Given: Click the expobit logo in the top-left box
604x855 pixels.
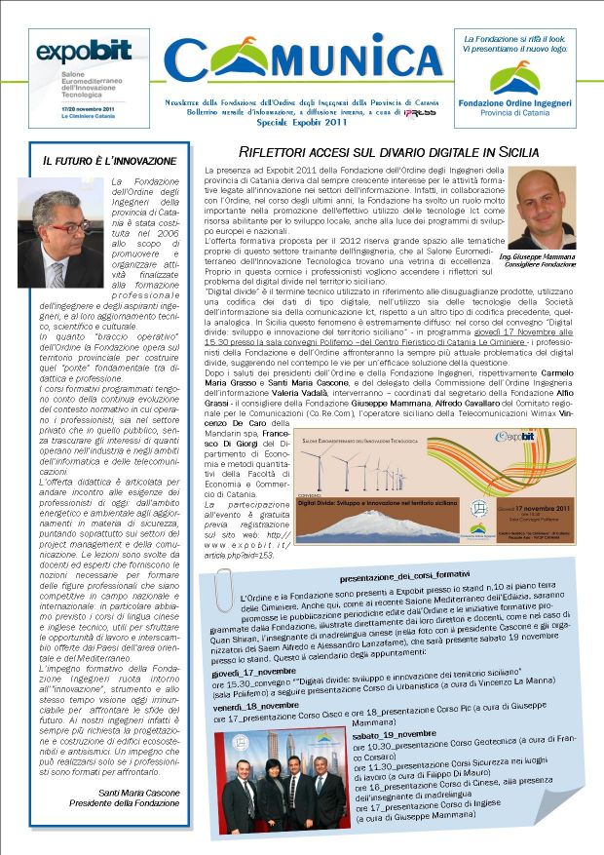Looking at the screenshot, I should pyautogui.click(x=70, y=53).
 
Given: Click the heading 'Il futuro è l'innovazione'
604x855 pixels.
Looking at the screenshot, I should pyautogui.click(x=108, y=160).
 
